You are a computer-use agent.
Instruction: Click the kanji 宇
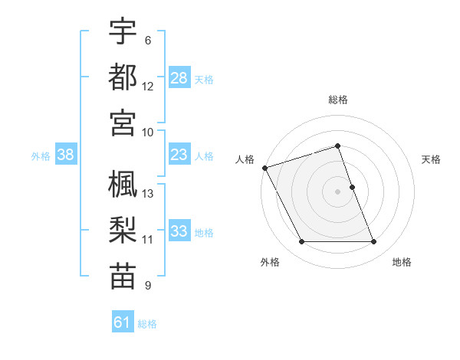pyautogui.click(x=123, y=31)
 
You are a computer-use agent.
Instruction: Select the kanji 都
pyautogui.click(x=123, y=77)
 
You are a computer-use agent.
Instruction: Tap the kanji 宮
pyautogui.click(x=123, y=122)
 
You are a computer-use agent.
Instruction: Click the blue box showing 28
pyautogui.click(x=179, y=77)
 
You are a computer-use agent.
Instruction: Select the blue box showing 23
pyautogui.click(x=179, y=155)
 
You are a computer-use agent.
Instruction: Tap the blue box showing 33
pyautogui.click(x=179, y=231)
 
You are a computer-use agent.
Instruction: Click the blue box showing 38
pyautogui.click(x=66, y=155)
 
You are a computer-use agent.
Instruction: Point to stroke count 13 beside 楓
pyautogui.click(x=148, y=194)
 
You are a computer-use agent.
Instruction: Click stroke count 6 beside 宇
pyautogui.click(x=148, y=40)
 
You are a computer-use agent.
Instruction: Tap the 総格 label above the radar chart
pyautogui.click(x=338, y=100)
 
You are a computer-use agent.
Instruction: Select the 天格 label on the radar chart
pyautogui.click(x=432, y=159)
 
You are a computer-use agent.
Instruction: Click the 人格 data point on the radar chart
pyautogui.click(x=265, y=168)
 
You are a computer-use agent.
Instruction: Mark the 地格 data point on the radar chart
pyautogui.click(x=374, y=242)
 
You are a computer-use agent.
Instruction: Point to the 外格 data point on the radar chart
pyautogui.click(x=301, y=242)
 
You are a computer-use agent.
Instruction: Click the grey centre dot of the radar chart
pyautogui.click(x=338, y=191)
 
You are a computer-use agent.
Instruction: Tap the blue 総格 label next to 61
pyautogui.click(x=147, y=324)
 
